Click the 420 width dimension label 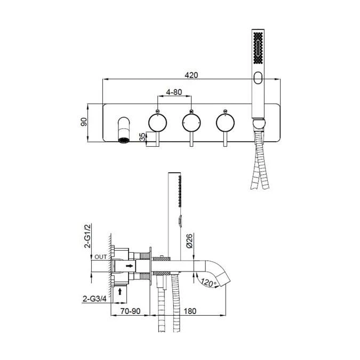[x=192, y=75]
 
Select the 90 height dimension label [x=83, y=122]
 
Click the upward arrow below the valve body [x=121, y=291]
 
